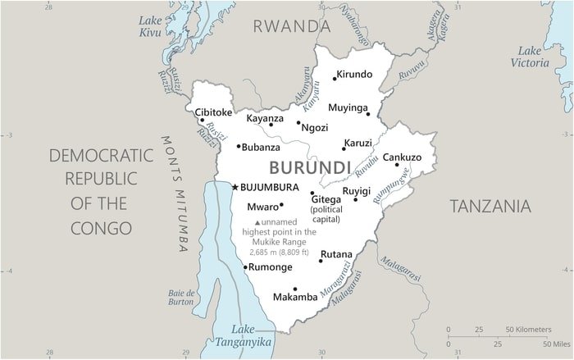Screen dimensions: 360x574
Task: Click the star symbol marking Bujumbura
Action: pyautogui.click(x=235, y=188)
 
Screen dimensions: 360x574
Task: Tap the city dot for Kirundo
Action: pyautogui.click(x=335, y=79)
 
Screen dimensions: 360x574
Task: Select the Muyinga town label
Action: pyautogui.click(x=348, y=107)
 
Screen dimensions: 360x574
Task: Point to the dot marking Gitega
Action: pyautogui.click(x=312, y=194)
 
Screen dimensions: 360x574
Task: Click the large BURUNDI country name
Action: pyautogui.click(x=310, y=168)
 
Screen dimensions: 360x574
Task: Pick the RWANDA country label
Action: pyautogui.click(x=291, y=26)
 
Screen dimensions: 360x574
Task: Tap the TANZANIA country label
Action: pyautogui.click(x=490, y=207)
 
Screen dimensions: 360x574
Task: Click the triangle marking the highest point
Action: pyautogui.click(x=257, y=222)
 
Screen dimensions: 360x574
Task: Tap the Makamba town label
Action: pyautogui.click(x=294, y=297)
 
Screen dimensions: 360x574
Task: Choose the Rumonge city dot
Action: pyautogui.click(x=245, y=267)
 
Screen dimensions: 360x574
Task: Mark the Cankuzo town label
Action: pyautogui.click(x=402, y=157)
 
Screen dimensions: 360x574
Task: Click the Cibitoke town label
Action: pyautogui.click(x=213, y=112)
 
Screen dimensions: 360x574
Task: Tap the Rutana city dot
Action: pyautogui.click(x=321, y=261)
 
